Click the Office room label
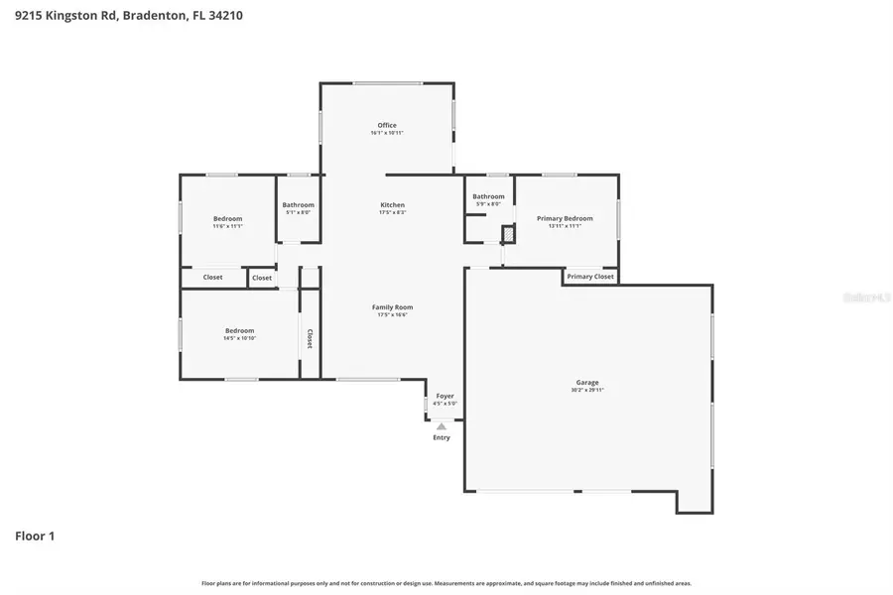coord(387,125)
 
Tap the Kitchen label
coord(392,204)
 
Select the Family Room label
coord(392,307)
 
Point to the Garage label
coord(587,382)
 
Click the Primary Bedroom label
coord(565,218)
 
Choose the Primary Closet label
coord(590,277)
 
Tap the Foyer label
coord(445,396)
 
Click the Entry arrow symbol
coord(442,426)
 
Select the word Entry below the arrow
coord(442,437)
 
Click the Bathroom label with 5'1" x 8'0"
coord(298,204)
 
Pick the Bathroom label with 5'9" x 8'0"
coord(488,196)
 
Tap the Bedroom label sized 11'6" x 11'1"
coord(227,218)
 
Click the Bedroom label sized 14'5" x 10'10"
coord(239,330)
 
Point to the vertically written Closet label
coord(310,339)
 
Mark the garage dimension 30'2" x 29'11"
coord(587,390)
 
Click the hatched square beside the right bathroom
coord(508,234)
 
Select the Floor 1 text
coord(35,536)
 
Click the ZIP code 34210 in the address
coord(223,16)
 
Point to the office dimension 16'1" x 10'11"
coord(387,133)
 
